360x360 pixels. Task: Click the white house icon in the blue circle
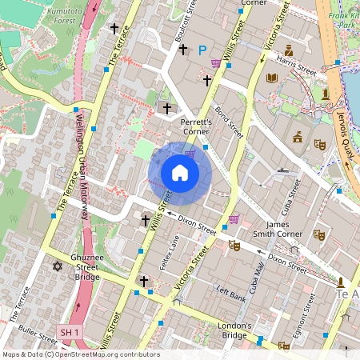click(x=179, y=173)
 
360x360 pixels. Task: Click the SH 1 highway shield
click(x=70, y=331)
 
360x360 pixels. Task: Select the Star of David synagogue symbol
click(x=57, y=266)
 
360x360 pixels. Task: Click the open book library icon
click(x=272, y=78)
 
